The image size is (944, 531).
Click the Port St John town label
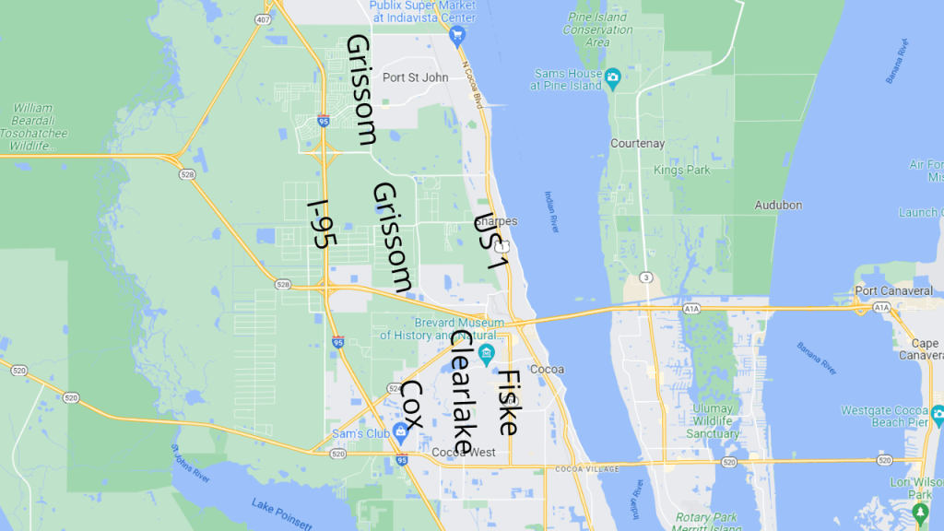(415, 77)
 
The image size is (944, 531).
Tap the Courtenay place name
(637, 144)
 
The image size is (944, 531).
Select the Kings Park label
(681, 171)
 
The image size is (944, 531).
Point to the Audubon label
(778, 205)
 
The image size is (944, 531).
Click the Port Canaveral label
(893, 291)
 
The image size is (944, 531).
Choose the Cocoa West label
(465, 453)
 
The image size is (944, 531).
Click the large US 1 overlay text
(491, 242)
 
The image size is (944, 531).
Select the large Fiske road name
(508, 402)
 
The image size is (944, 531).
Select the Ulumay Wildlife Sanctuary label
(713, 420)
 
